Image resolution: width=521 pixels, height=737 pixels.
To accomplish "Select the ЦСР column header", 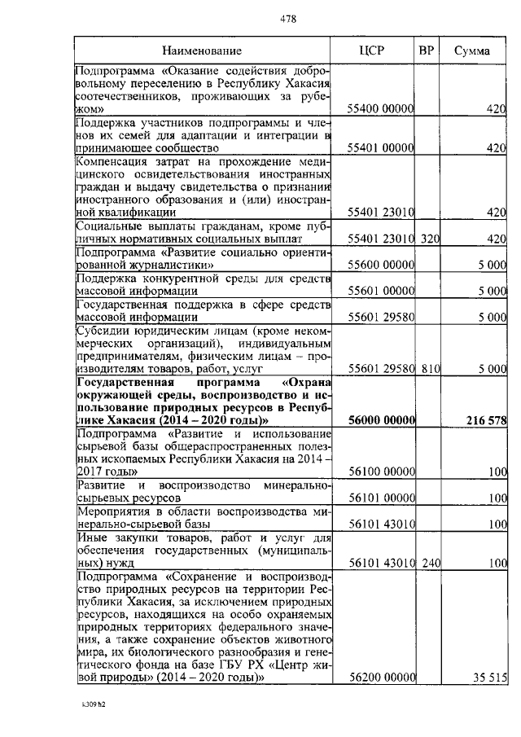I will [371, 50].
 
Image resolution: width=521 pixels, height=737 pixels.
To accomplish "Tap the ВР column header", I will [426, 50].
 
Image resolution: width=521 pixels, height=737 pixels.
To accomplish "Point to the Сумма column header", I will [472, 50].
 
